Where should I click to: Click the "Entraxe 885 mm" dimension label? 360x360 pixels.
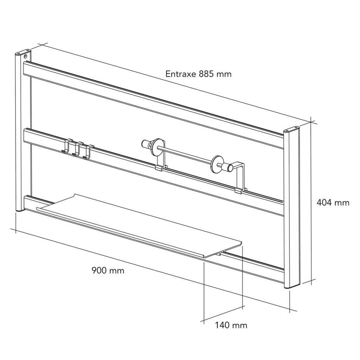click(198, 74)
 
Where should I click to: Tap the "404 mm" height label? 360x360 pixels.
click(333, 202)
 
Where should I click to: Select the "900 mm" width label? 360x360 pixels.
click(108, 270)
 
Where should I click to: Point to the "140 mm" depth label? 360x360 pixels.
click(231, 325)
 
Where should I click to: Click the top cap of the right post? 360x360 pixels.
click(291, 129)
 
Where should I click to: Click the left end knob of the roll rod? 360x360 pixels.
click(145, 143)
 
